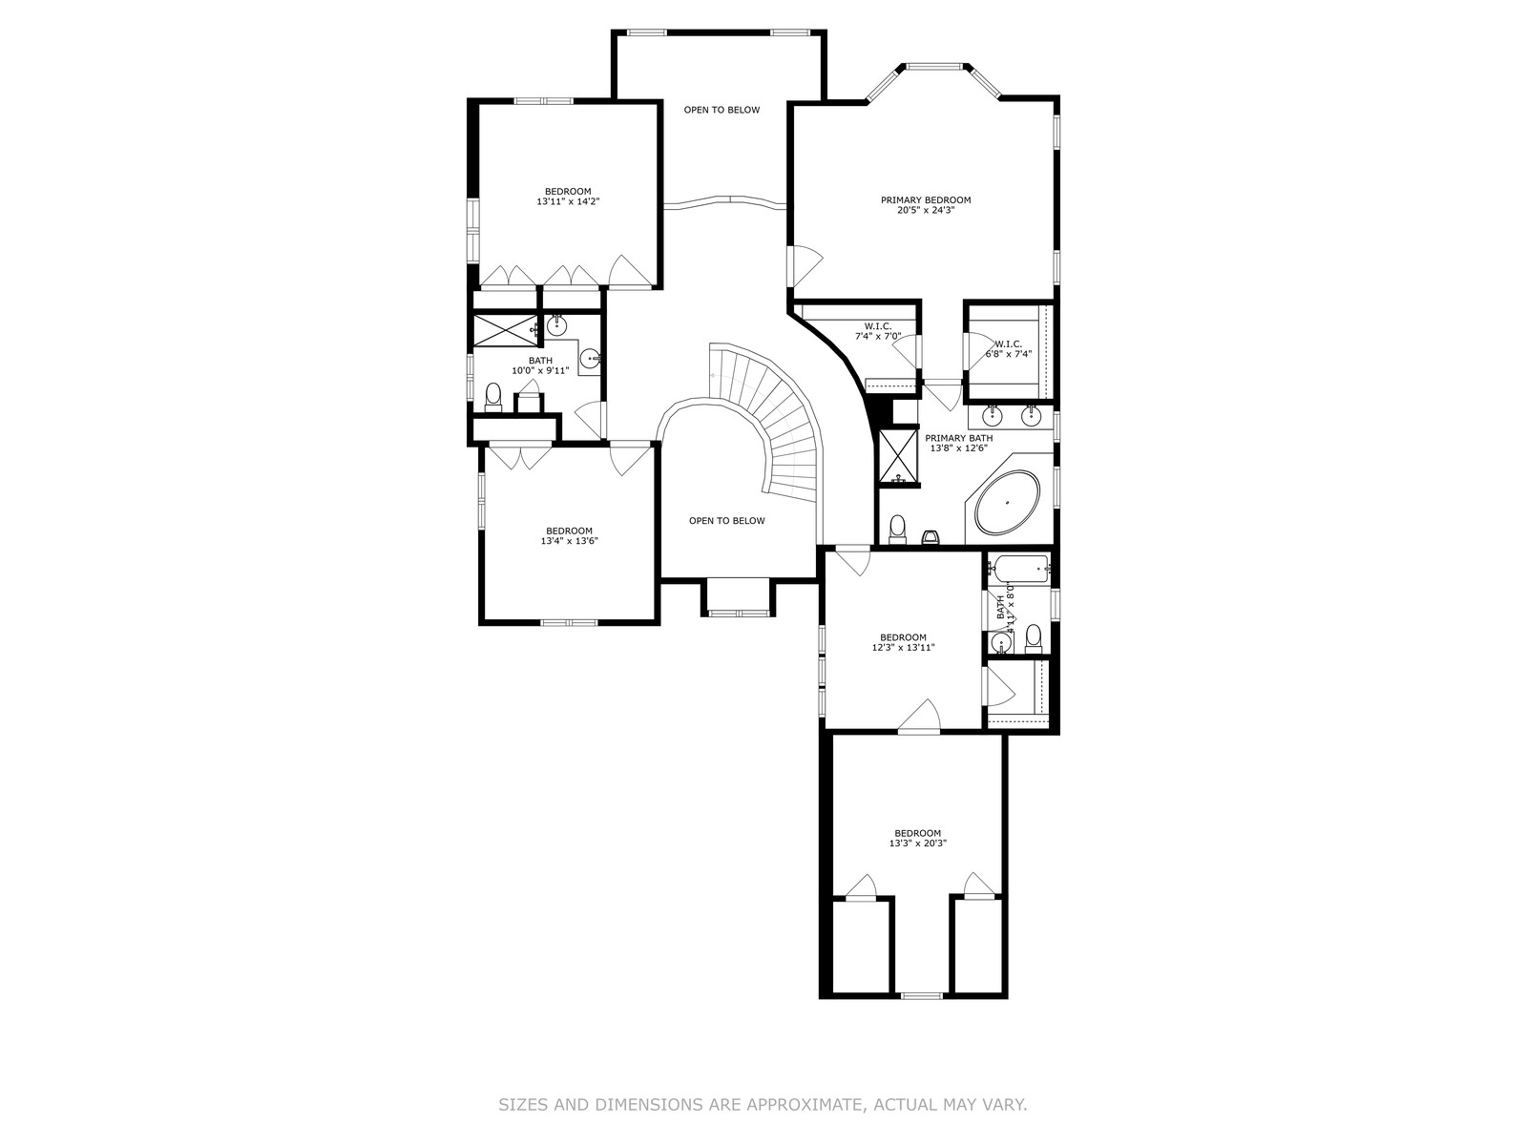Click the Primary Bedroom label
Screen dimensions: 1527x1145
[925, 200]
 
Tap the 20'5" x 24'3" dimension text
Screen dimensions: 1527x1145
[925, 210]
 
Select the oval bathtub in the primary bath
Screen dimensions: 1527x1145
[1007, 502]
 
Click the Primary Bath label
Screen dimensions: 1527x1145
[958, 438]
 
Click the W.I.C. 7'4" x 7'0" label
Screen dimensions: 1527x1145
[878, 331]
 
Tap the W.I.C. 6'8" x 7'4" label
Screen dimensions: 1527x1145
[1008, 348]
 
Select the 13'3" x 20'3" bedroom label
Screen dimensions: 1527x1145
[917, 838]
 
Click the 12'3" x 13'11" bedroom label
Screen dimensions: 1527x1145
[903, 641]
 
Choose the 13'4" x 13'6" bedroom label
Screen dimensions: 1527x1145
[569, 535]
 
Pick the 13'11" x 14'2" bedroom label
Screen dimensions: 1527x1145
[568, 196]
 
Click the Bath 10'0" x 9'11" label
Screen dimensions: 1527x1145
[540, 365]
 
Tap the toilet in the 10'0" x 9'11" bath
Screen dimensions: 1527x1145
[493, 397]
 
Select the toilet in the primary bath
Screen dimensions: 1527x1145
[898, 530]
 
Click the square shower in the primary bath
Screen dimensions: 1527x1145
[899, 456]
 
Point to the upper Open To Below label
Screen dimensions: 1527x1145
[722, 110]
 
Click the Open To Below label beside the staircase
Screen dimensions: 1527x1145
[726, 521]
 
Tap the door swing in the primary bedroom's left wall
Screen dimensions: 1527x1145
[807, 266]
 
